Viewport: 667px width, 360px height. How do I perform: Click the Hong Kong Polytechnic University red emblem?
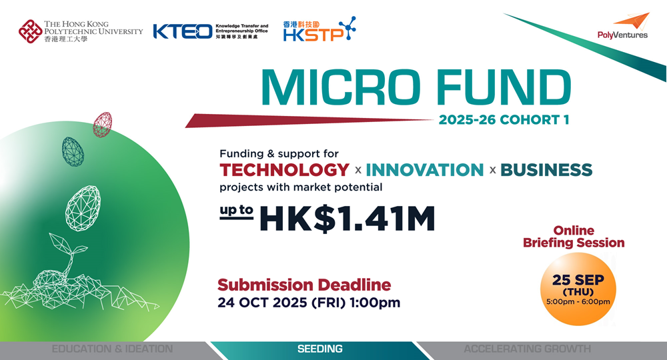pos(30,31)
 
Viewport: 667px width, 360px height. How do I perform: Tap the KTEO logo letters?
pos(183,31)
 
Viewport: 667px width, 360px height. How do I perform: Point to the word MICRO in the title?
pos(341,87)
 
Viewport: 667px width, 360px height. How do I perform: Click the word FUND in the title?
pos(504,87)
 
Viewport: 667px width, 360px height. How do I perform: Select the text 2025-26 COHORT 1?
pos(504,120)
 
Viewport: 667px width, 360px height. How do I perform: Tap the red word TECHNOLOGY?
pos(285,170)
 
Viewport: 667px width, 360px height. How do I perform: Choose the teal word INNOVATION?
pos(424,170)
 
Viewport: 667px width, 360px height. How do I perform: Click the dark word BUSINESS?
pos(546,170)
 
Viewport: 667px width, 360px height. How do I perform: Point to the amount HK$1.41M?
pos(348,219)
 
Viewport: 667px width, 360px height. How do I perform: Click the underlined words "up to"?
pos(237,211)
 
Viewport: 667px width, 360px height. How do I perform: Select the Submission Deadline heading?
pos(304,285)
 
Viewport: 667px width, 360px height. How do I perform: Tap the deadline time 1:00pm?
pos(375,303)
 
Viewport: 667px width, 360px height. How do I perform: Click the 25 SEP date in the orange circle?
pos(578,280)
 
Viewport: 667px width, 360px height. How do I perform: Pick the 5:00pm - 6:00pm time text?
pos(578,302)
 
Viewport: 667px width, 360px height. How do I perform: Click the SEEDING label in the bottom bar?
pos(320,349)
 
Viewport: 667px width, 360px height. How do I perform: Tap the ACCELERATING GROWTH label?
pos(527,349)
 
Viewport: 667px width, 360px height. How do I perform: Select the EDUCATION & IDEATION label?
pos(112,349)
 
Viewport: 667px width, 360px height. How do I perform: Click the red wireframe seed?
pos(103,125)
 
